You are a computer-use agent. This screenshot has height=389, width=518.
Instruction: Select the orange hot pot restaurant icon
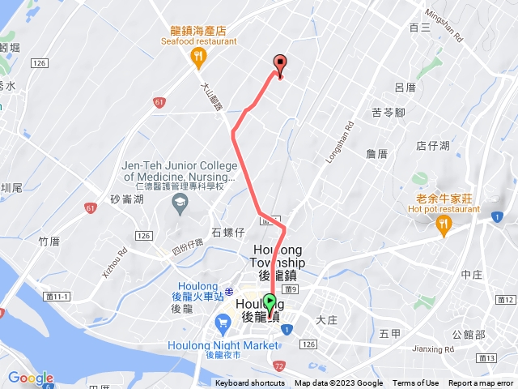click(x=443, y=228)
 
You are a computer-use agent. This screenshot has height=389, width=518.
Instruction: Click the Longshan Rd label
click(x=340, y=143)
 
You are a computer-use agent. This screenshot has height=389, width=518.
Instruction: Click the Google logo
click(x=30, y=378)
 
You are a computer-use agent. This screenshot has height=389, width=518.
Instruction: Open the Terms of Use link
click(x=416, y=383)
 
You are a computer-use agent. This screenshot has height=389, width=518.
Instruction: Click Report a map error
click(x=481, y=383)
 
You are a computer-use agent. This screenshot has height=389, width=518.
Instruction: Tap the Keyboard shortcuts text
click(x=250, y=383)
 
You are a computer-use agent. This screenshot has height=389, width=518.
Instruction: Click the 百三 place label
click(x=419, y=27)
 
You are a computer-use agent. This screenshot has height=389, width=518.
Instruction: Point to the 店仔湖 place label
click(x=432, y=146)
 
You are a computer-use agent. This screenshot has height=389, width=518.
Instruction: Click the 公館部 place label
click(x=469, y=335)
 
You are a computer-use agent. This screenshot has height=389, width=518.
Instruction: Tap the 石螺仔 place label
click(x=227, y=233)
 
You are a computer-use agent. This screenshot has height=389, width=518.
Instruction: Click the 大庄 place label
click(x=327, y=320)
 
